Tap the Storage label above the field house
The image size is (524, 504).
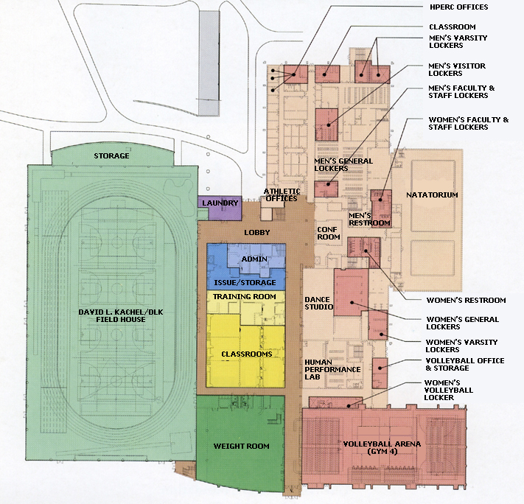click(111, 156)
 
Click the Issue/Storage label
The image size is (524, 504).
click(245, 283)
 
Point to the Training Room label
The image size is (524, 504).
click(245, 296)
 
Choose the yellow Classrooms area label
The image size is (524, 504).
click(247, 354)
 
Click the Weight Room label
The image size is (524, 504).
click(241, 446)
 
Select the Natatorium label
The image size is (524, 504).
click(432, 195)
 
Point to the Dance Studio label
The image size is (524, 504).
click(319, 303)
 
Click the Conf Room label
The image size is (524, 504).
click(328, 233)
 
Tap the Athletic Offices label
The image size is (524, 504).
click(281, 195)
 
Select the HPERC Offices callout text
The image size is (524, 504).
click(459, 7)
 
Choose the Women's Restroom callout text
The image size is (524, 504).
click(467, 300)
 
